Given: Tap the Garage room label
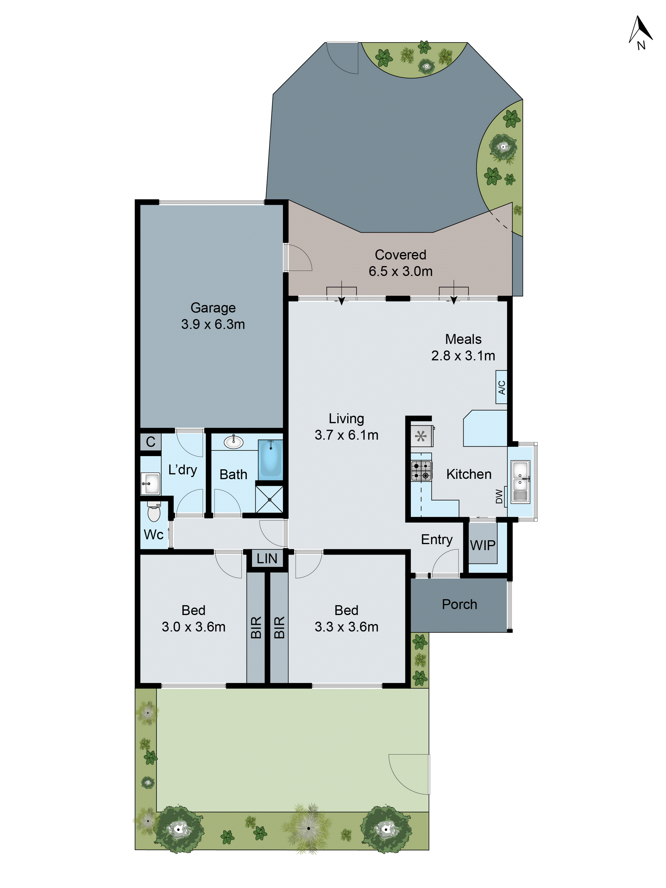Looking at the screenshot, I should [x=213, y=307].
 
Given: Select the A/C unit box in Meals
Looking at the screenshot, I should [x=501, y=387].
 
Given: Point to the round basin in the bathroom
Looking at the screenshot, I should [x=233, y=442].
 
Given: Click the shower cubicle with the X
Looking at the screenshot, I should [x=269, y=499].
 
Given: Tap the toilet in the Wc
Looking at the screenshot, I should [x=153, y=512].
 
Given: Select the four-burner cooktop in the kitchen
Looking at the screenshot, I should [x=421, y=470].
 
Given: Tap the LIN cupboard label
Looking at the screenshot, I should [x=267, y=558].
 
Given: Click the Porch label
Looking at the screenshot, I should [x=459, y=604].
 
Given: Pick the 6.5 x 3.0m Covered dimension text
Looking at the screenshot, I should [x=400, y=271].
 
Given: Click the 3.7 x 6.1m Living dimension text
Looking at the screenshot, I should [x=346, y=435].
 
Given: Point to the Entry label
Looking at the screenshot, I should [x=436, y=539].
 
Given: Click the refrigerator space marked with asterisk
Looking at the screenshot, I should [x=421, y=436].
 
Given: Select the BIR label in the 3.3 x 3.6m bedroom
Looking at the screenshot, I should [x=279, y=627].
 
